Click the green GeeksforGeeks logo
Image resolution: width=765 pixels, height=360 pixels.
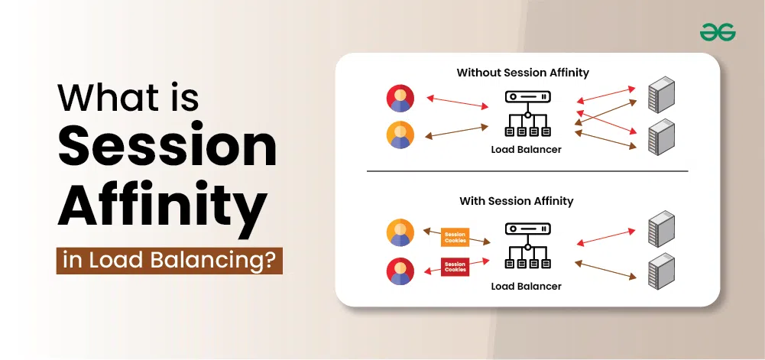click(x=717, y=33)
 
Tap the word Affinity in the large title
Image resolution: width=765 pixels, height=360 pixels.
click(x=163, y=207)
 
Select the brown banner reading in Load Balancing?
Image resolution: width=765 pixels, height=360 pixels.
click(x=170, y=261)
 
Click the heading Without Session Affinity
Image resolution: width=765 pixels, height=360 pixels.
click(x=523, y=73)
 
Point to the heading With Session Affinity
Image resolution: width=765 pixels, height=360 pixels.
click(x=516, y=200)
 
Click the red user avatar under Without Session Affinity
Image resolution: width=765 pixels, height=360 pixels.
click(x=400, y=99)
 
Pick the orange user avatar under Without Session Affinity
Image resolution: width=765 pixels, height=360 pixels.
click(x=400, y=135)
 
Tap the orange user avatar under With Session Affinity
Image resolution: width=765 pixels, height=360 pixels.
click(x=400, y=232)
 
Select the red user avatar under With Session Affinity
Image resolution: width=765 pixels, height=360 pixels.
click(x=400, y=271)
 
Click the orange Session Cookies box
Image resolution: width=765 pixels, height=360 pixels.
click(x=455, y=237)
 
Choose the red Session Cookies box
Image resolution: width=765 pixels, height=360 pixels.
click(x=455, y=267)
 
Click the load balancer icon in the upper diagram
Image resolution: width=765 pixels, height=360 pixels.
click(x=527, y=114)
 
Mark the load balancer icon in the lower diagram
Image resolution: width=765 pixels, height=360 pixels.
click(x=527, y=246)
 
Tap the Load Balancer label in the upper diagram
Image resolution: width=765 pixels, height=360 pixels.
click(x=526, y=149)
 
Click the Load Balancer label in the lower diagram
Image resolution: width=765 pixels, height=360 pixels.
click(x=526, y=286)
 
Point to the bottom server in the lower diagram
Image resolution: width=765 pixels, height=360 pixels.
click(x=661, y=271)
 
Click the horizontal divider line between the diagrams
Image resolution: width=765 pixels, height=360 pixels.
click(x=527, y=171)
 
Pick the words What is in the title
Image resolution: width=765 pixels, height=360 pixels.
click(x=128, y=97)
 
